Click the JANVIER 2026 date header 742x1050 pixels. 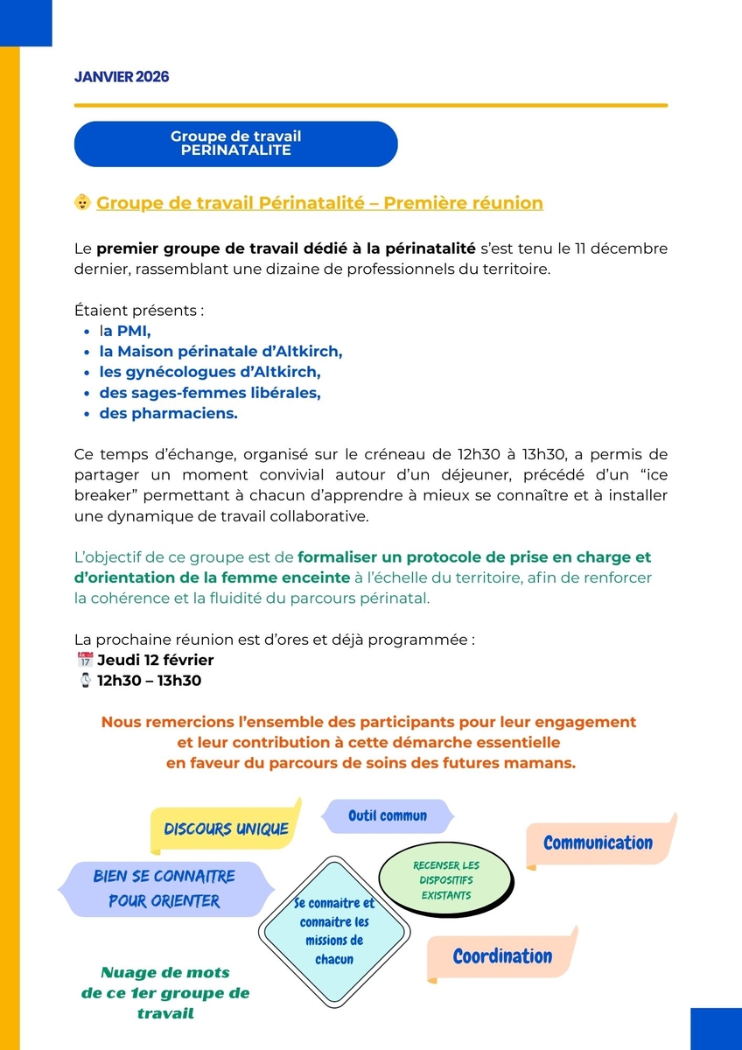(122, 77)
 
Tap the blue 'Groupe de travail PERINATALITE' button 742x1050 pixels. (235, 143)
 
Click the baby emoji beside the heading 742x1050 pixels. (83, 203)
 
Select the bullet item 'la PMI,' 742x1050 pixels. (125, 331)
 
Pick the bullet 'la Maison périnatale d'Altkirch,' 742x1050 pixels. (220, 352)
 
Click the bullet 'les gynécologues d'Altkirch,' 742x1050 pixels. (210, 372)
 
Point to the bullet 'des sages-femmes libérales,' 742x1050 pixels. (210, 393)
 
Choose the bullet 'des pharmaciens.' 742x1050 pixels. (168, 414)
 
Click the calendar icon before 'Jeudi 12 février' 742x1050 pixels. (85, 660)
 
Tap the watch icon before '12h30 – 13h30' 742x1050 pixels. (85, 680)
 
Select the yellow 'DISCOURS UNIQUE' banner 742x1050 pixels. (226, 829)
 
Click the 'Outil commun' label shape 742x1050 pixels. (388, 815)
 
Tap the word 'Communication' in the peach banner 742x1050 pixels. (598, 843)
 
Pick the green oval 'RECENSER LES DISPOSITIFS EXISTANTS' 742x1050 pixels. (446, 879)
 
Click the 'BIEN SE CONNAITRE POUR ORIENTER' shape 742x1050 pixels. (164, 888)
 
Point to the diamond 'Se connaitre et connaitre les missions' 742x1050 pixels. (334, 931)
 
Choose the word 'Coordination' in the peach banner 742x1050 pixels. (502, 955)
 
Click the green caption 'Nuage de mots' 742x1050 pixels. (165, 972)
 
